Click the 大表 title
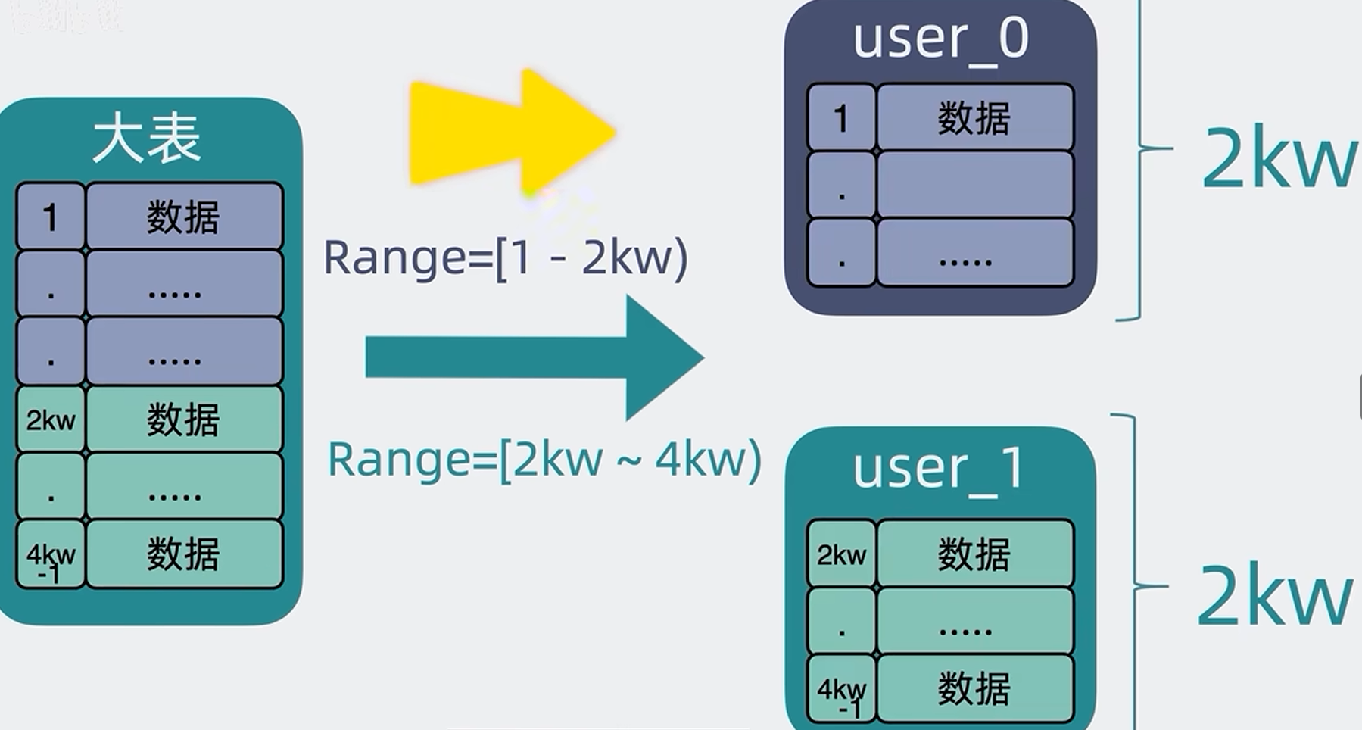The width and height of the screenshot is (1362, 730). coord(147,139)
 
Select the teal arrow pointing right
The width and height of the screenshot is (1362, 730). coord(534,357)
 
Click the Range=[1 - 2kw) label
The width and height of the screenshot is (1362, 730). coord(505,257)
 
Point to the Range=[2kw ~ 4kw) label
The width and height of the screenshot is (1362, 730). coord(544,460)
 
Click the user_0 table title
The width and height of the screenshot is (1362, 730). coord(940,39)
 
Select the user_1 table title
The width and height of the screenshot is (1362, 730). coord(939,469)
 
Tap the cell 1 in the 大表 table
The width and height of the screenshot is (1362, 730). coord(50,218)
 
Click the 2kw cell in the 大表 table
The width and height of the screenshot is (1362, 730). coord(50,420)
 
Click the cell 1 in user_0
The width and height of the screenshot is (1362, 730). coord(840,118)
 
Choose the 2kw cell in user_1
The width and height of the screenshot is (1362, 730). coord(841,555)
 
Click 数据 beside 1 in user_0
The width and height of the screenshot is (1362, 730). coord(974,118)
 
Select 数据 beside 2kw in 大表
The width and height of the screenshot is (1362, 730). coord(183,420)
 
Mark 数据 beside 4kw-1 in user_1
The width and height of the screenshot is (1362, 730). coord(974,689)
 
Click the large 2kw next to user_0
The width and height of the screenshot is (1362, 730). coord(1278,159)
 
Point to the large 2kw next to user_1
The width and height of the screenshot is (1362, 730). coord(1273,596)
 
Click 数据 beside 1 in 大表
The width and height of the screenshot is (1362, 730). coord(183,218)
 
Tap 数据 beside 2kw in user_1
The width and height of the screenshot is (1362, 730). coord(974,554)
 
